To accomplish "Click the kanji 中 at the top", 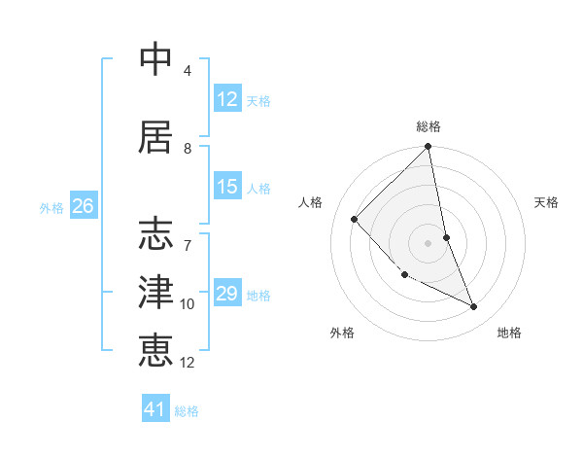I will tap(155, 59).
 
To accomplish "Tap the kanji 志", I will tap(155, 233).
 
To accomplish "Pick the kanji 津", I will tap(155, 291).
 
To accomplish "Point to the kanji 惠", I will tap(155, 349).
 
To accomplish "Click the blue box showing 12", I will tap(227, 99).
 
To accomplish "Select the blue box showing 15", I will tap(227, 187).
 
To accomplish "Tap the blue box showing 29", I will tap(227, 294).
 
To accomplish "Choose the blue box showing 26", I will tap(84, 206).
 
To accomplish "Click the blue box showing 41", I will tap(155, 409).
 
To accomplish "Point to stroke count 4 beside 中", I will tap(188, 71).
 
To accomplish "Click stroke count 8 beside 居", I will tap(188, 149).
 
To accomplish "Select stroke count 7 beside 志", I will tap(188, 236).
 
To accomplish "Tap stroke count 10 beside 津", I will tap(188, 304).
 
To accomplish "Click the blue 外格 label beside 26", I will tap(51, 207).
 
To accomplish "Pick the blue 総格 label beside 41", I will tap(187, 411).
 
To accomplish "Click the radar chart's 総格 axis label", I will tap(429, 126).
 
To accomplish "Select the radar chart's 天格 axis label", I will tap(546, 202).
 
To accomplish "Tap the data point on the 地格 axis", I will tap(474, 307).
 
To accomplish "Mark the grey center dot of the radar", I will tap(428, 242).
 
